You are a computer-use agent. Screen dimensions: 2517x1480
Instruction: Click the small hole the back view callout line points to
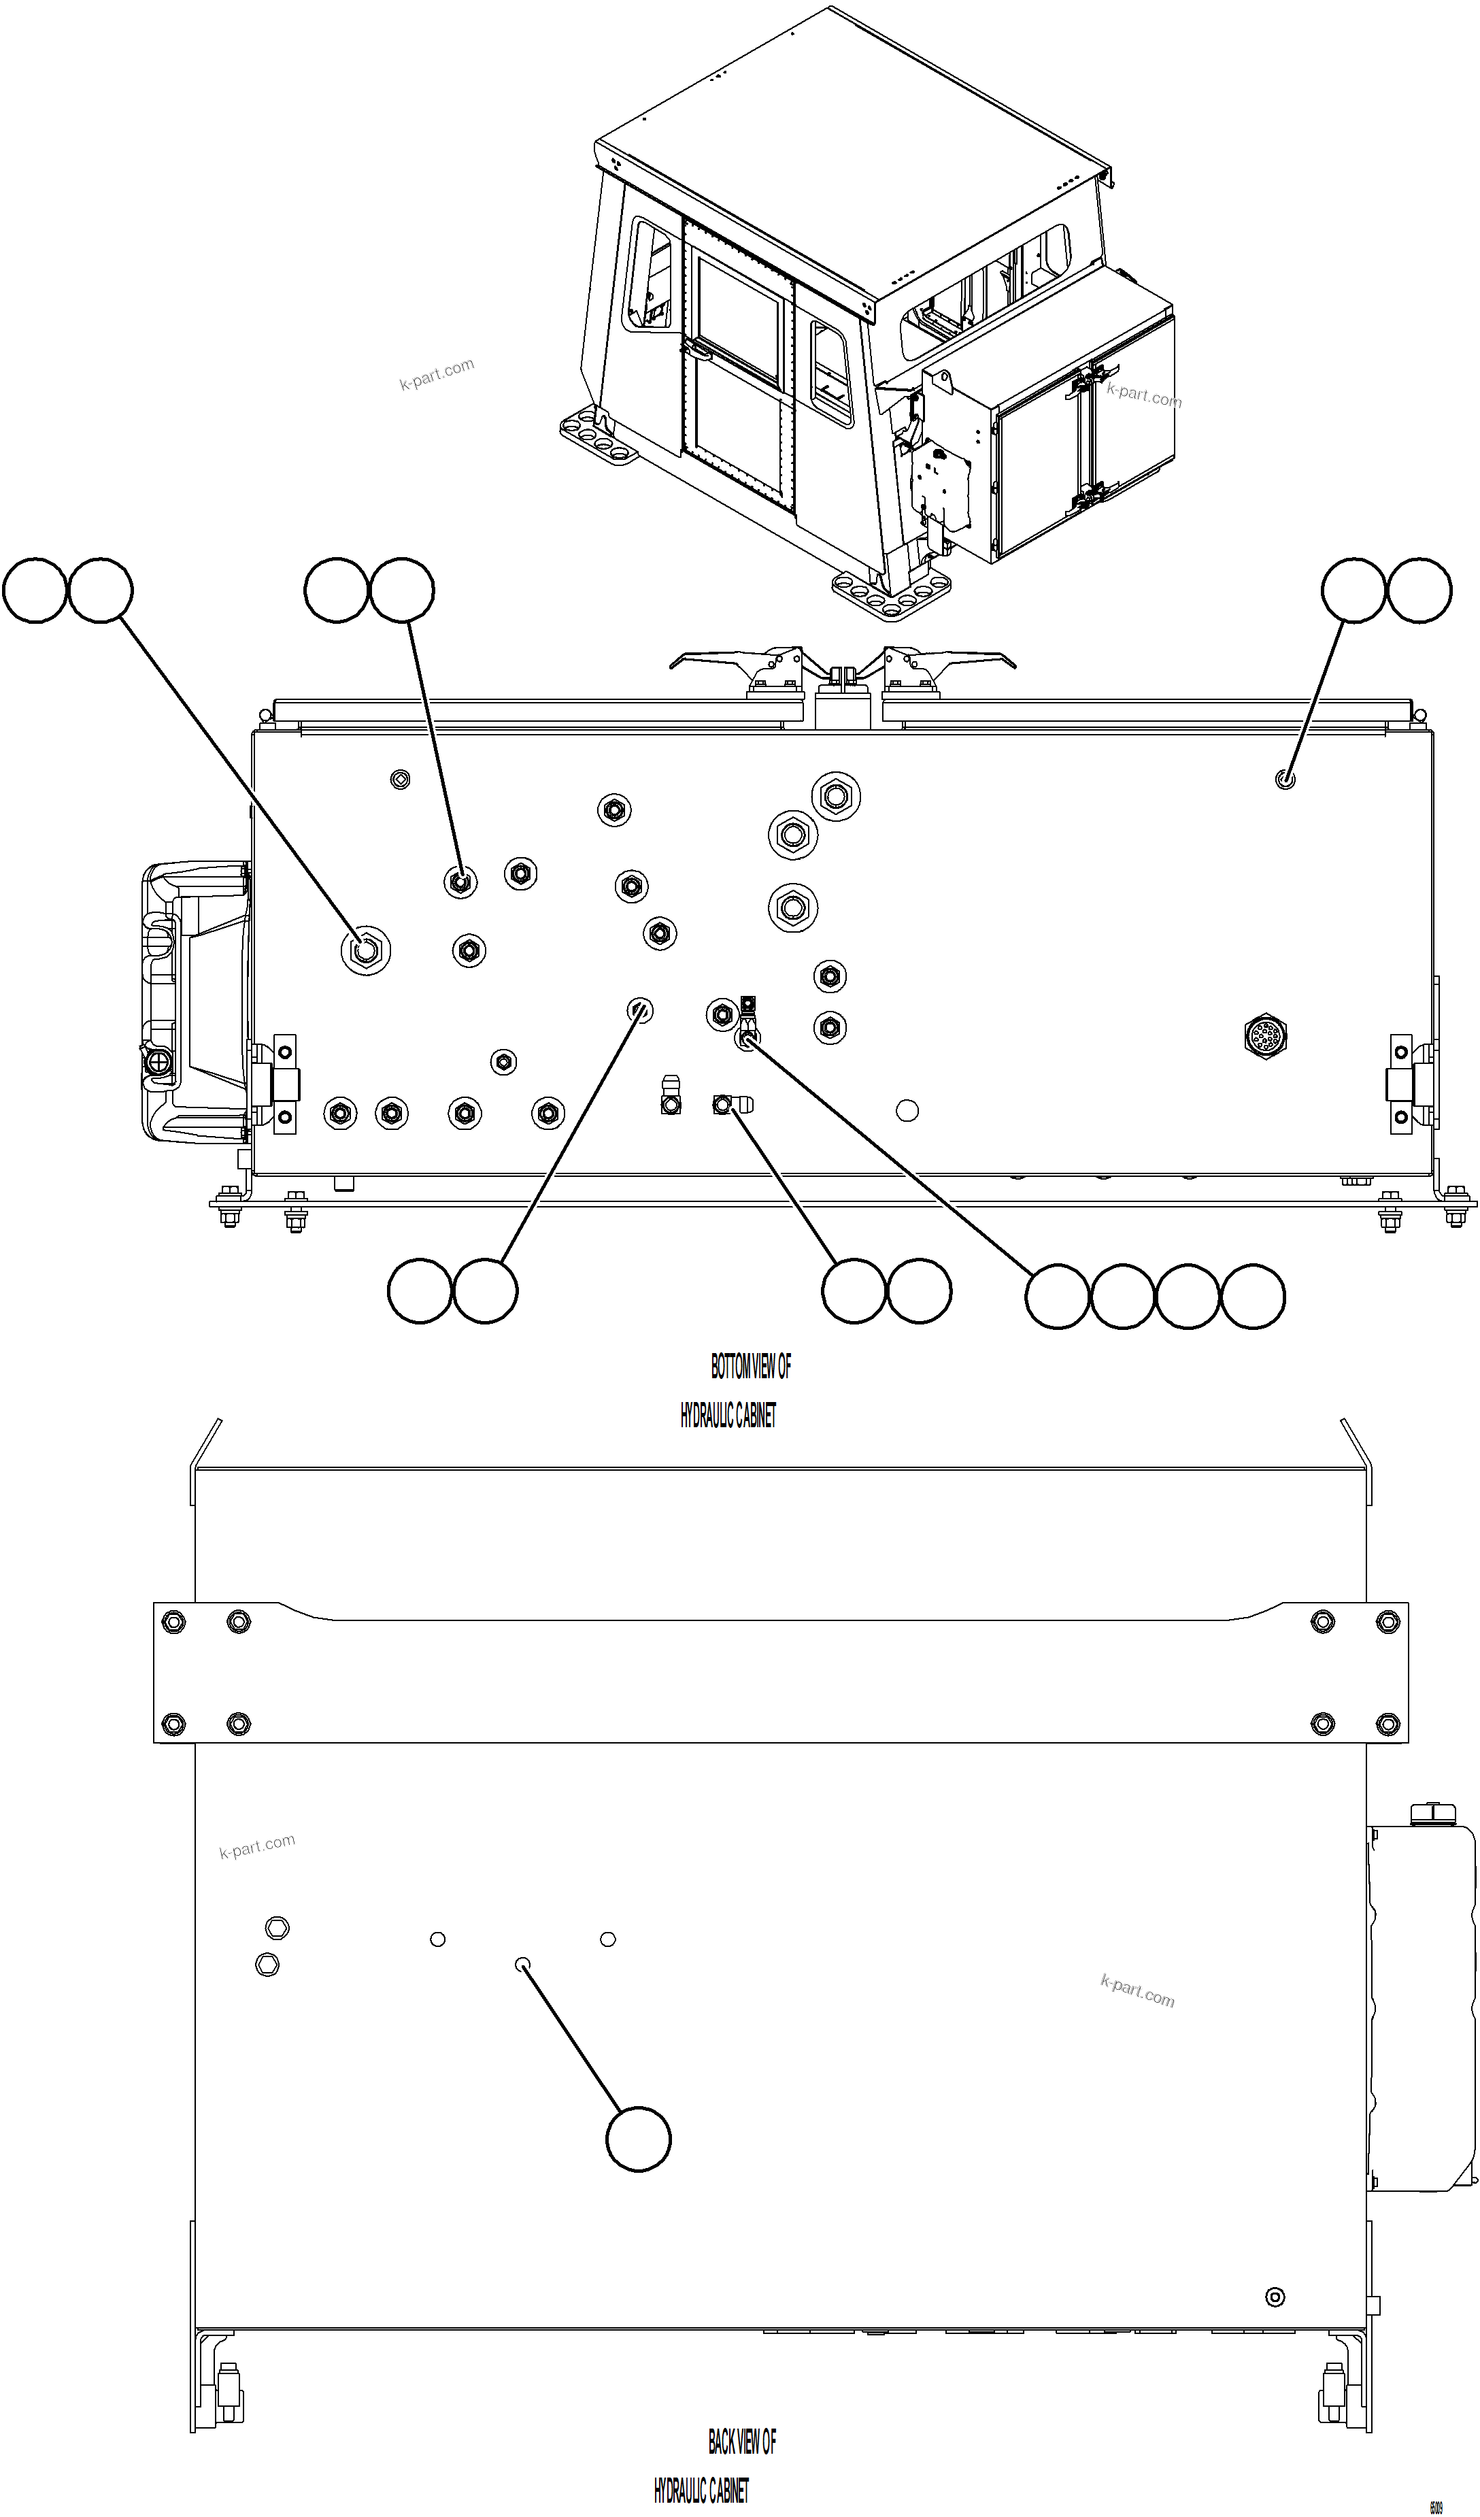(521, 1965)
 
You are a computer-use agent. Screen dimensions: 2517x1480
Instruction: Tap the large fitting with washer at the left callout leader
(365, 950)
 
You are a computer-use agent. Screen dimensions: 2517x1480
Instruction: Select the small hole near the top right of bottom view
(1285, 779)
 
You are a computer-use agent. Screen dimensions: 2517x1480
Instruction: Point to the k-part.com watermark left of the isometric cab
(437, 375)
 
